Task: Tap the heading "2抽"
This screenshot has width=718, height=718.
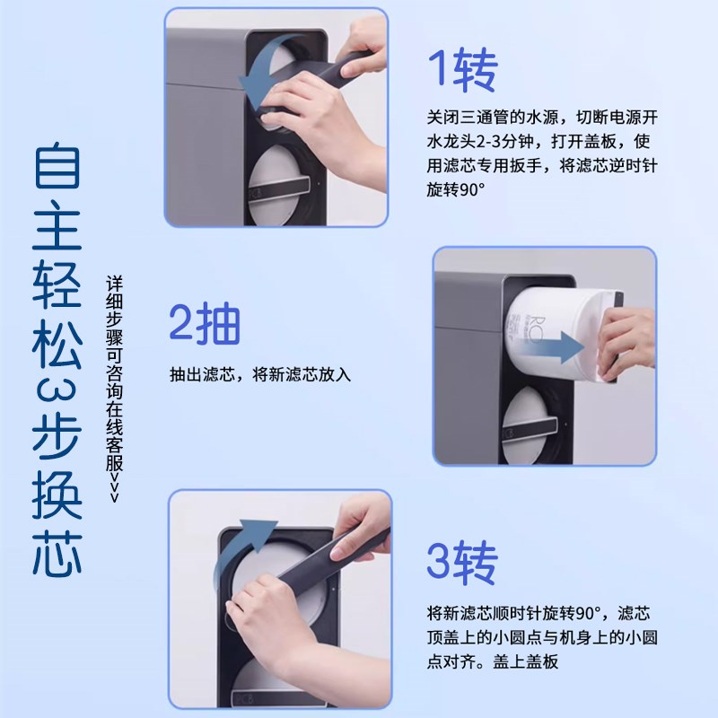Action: [206, 324]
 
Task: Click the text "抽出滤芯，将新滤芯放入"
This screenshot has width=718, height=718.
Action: [260, 373]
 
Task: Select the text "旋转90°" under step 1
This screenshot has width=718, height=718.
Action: [457, 189]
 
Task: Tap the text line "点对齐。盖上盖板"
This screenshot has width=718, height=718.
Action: [493, 661]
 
